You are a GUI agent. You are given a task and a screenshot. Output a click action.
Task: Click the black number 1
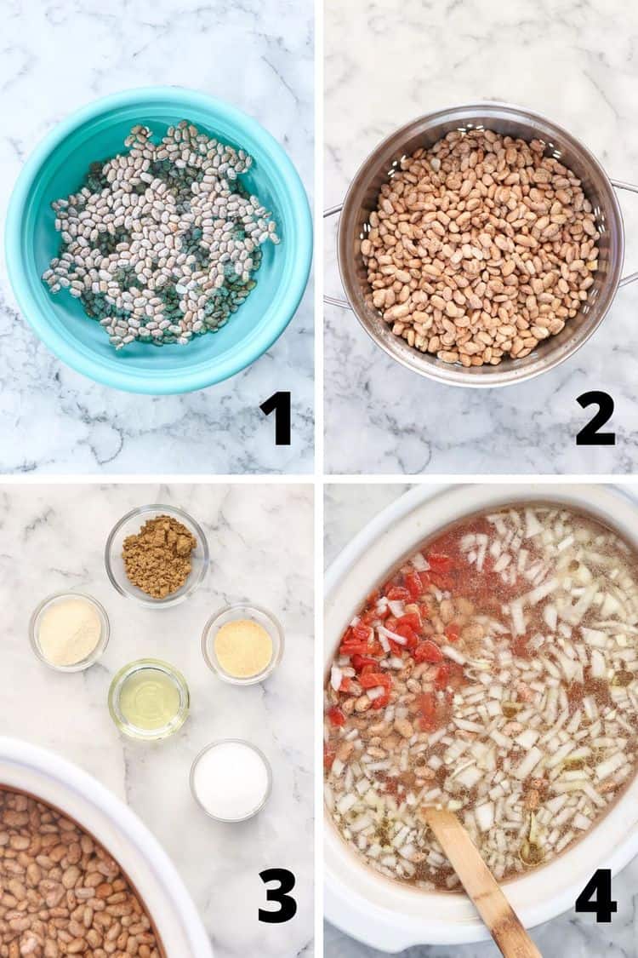[276, 418]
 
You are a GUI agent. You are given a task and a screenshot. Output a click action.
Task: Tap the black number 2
[595, 418]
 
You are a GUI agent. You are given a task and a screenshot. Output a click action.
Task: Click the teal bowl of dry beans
[159, 240]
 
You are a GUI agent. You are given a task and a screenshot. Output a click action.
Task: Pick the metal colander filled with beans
[480, 244]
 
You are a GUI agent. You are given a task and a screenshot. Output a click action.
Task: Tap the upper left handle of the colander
[332, 211]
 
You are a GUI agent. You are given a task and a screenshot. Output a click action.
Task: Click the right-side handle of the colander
[628, 232]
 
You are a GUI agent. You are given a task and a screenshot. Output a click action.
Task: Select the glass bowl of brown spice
[157, 555]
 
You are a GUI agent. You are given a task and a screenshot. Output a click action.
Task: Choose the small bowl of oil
[149, 699]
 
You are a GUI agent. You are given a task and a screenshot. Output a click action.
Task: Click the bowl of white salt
[231, 780]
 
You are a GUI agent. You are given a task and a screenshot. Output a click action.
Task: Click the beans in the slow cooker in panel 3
[73, 880]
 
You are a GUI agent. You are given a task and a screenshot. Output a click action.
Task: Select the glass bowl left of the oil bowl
[70, 632]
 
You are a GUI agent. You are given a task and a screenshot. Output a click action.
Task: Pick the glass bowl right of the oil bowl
[243, 645]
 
